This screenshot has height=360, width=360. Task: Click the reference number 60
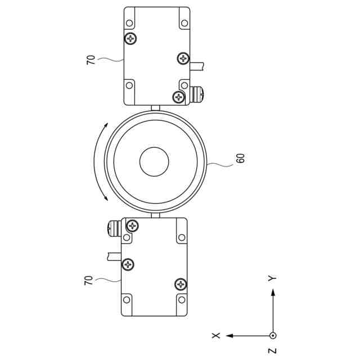click(x=240, y=159)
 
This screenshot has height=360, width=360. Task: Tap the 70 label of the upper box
click(x=91, y=60)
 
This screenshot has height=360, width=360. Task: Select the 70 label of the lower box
click(x=88, y=280)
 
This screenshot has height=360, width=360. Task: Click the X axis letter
click(x=216, y=335)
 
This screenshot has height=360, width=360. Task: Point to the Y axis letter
click(x=272, y=278)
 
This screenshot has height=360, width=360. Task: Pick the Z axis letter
click(x=272, y=351)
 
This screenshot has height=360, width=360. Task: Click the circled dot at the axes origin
click(x=273, y=336)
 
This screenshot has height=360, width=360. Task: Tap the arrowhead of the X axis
click(x=229, y=336)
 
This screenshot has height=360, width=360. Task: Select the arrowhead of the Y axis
click(x=273, y=292)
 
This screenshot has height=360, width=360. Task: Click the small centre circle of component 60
click(x=154, y=161)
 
